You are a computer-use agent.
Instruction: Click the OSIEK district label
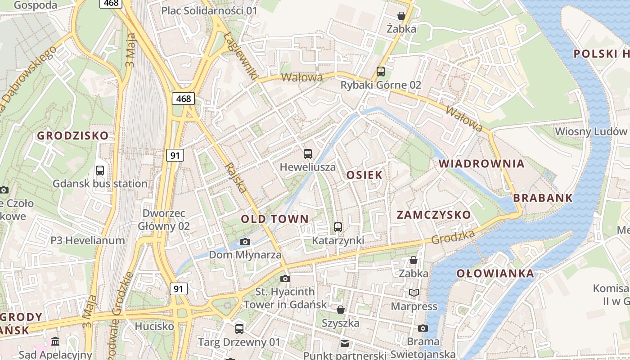(364, 175)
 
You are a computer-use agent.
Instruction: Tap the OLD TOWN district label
(275, 219)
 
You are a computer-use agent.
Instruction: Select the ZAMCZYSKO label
(434, 215)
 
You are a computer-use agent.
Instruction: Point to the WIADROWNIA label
(482, 163)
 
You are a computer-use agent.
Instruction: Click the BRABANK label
(543, 198)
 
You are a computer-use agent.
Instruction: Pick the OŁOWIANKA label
(495, 273)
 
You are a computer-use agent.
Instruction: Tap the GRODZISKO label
(73, 135)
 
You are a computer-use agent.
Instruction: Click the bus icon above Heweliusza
(308, 154)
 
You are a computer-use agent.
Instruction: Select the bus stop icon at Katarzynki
(338, 227)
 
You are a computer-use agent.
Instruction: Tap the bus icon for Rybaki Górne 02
(381, 71)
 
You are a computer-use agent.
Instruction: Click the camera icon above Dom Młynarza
(245, 242)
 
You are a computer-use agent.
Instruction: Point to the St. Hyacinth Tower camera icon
(285, 279)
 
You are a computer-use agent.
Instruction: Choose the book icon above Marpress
(414, 293)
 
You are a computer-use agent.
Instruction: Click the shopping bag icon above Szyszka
(341, 310)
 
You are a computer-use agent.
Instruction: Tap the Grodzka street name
(453, 237)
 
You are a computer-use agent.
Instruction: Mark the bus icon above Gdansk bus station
(100, 171)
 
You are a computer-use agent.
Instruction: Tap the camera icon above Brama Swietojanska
(423, 328)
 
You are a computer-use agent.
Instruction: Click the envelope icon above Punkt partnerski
(345, 343)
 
